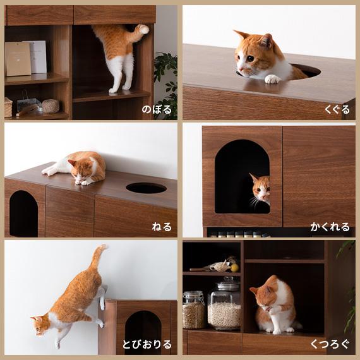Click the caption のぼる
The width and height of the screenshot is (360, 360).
tap(156, 109)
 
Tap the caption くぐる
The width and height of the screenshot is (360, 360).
tap(337, 109)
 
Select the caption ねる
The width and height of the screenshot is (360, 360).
tap(162, 227)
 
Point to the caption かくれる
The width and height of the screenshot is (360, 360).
tap(329, 227)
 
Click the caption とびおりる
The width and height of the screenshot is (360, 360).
tap(147, 344)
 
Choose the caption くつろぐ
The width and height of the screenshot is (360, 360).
tap(329, 344)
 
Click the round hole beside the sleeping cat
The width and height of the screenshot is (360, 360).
tap(146, 188)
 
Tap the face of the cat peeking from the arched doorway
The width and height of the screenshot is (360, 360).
tap(261, 188)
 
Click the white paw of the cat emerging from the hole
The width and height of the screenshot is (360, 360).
tap(272, 79)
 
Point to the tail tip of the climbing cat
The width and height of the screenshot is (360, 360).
tap(144, 29)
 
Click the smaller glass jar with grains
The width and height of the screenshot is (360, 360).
tap(193, 310)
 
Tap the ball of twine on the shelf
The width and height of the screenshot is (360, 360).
tap(51, 105)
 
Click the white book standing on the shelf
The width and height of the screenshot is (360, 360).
tap(39, 57)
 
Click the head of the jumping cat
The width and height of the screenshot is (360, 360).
tap(41, 325)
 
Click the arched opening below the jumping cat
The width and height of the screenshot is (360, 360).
tap(143, 332)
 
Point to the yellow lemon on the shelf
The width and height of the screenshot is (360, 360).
tap(234, 268)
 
